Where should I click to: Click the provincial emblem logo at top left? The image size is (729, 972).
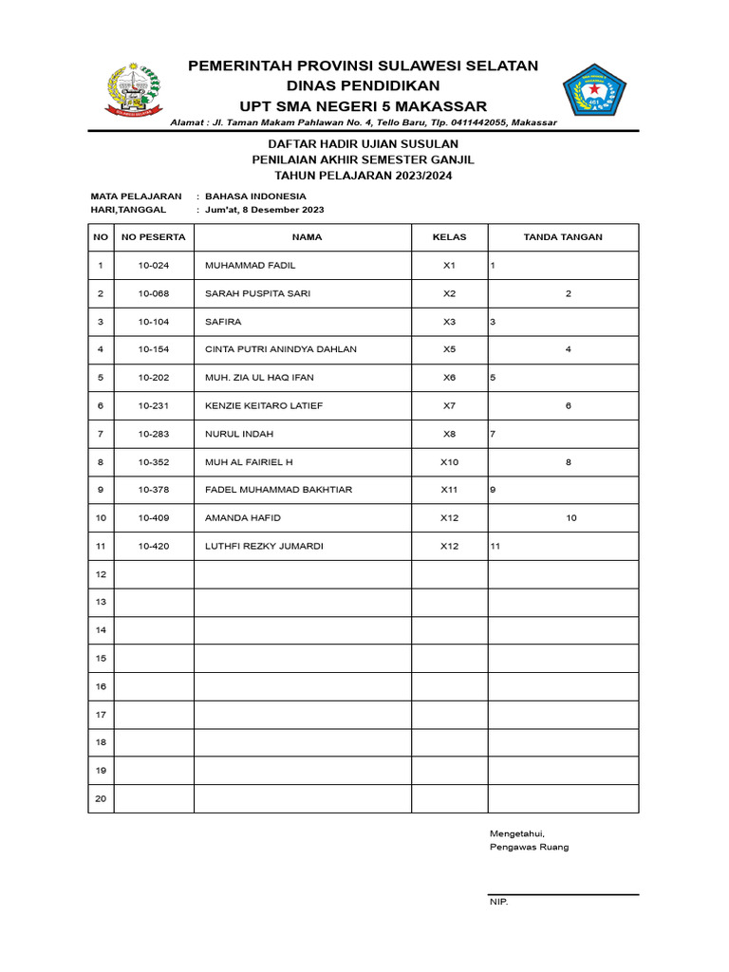coord(132,90)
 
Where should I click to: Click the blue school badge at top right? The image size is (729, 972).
coord(595,92)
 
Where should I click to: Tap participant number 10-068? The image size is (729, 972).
coord(154,293)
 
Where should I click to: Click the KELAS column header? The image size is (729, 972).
coord(449,237)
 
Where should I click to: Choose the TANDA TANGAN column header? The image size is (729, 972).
coord(563,237)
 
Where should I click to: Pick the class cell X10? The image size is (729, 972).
coord(449,462)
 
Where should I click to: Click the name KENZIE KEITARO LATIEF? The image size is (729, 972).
coord(264,405)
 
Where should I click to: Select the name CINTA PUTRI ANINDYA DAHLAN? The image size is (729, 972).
coord(281,349)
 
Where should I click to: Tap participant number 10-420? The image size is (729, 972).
coord(154,546)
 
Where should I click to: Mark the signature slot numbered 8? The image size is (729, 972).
coord(568,462)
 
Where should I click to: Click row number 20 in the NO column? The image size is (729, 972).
coord(101,798)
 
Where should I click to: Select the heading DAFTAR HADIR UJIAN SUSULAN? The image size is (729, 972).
coord(364,143)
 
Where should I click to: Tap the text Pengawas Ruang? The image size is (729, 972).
coord(529,847)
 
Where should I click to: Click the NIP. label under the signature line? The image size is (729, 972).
coord(498,903)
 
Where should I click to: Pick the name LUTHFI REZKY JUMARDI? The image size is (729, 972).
coord(264,546)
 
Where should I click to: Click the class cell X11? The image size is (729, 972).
coord(449,490)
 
